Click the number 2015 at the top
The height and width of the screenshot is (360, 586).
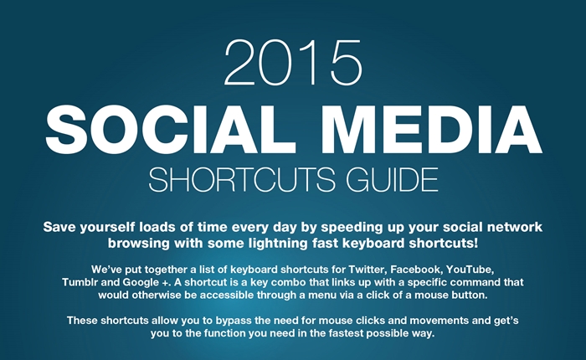[x=293, y=63]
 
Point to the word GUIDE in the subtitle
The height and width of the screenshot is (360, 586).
[x=392, y=179]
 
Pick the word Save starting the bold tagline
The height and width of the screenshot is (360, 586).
[x=59, y=227]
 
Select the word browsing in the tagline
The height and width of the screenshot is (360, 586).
[x=139, y=244]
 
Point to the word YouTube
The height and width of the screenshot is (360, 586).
[x=470, y=269]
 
